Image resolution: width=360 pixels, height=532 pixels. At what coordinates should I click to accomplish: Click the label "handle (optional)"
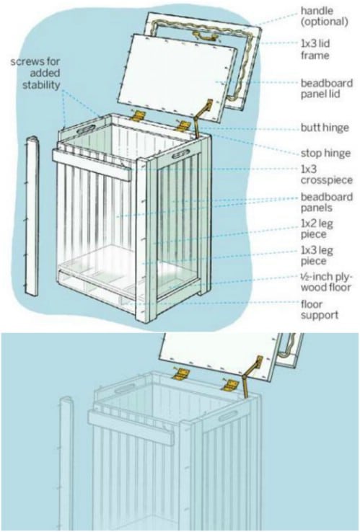click(x=324, y=16)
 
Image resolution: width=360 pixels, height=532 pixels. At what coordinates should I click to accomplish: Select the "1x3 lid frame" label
click(x=315, y=49)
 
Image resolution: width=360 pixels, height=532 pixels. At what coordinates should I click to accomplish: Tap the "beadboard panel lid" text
click(x=327, y=88)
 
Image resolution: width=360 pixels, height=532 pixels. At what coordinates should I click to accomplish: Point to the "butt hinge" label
click(x=325, y=128)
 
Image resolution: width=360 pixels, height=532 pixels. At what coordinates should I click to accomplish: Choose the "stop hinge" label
click(x=325, y=153)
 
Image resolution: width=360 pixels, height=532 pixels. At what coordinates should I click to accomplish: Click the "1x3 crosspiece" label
click(x=326, y=174)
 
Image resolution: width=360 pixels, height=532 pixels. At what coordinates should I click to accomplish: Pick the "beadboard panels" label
click(x=327, y=203)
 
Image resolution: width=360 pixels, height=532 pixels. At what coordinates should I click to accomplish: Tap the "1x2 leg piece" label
click(x=317, y=229)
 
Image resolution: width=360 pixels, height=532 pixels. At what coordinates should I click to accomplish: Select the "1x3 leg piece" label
click(x=317, y=255)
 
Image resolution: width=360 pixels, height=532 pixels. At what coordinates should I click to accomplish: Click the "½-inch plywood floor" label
click(x=327, y=282)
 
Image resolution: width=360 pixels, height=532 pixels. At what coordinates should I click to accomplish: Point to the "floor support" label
click(x=320, y=309)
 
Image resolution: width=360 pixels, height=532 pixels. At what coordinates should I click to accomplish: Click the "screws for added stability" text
click(x=35, y=73)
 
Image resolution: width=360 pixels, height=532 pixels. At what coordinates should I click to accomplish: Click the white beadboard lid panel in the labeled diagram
click(x=177, y=78)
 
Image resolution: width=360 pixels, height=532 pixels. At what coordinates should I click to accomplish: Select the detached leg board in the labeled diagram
click(x=32, y=216)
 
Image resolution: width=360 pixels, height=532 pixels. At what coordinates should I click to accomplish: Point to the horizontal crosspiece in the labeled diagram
click(x=92, y=165)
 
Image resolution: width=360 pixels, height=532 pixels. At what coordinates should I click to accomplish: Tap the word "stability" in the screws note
click(x=41, y=84)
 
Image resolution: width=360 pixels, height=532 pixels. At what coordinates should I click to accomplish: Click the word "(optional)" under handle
click(x=325, y=22)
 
